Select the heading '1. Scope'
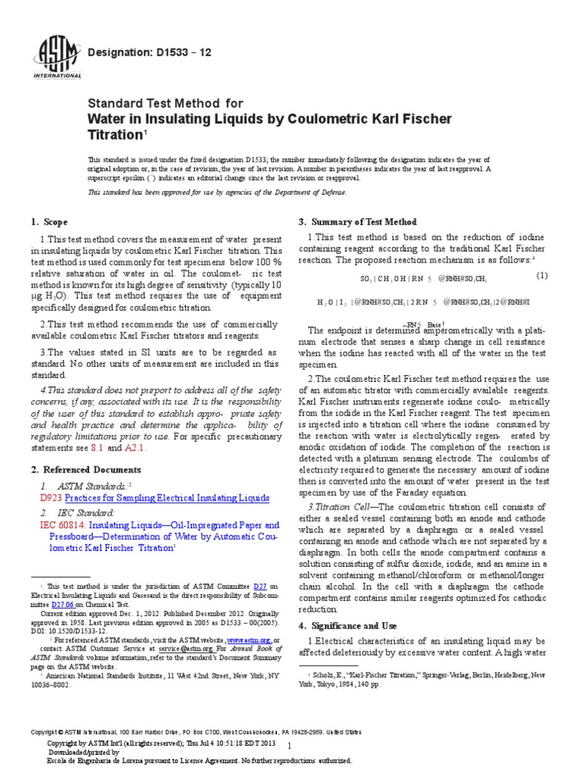(x=50, y=222)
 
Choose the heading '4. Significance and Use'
(x=355, y=626)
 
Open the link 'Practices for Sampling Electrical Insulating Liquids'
(x=167, y=498)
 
